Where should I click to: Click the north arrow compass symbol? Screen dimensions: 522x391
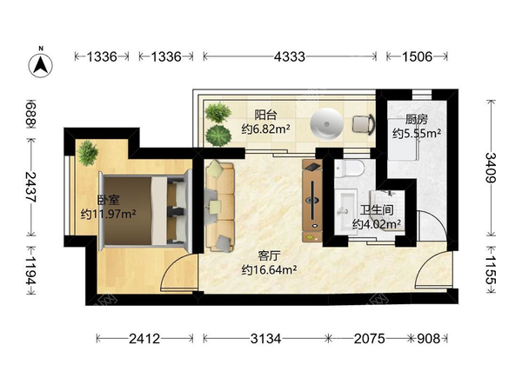pos(41,65)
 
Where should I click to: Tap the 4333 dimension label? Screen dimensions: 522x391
pos(290,56)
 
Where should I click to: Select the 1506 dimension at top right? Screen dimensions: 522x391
pos(417,56)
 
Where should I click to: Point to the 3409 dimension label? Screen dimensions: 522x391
pos(490,167)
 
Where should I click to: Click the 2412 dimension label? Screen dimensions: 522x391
pos(144,339)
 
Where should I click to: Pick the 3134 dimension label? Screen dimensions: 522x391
pos(265,339)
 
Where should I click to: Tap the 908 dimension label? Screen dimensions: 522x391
pos(428,339)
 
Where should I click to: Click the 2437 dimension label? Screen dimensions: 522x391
pos(31,187)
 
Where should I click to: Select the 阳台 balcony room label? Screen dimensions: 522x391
pos(265,115)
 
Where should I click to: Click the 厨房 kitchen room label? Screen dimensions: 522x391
pos(416,119)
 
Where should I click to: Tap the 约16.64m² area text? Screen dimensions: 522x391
pos(269,269)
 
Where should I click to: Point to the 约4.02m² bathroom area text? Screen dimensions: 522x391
pos(377,224)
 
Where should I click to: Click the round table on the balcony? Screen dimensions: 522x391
pos(326,124)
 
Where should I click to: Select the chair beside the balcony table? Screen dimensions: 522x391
pos(364,124)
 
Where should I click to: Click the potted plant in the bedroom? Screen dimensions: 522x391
pos(88,153)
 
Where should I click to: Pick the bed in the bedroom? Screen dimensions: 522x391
pos(145,209)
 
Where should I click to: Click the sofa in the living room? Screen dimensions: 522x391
pos(219,206)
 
